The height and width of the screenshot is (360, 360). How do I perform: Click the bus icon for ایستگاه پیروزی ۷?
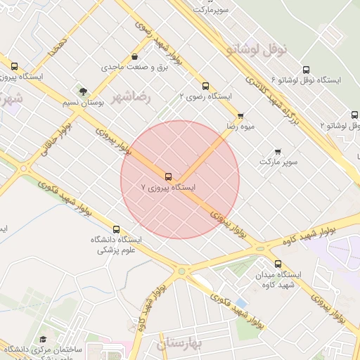click(168, 176)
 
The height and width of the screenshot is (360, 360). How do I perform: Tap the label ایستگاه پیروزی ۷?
click(169, 188)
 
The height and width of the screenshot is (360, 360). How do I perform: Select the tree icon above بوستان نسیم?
click(84, 91)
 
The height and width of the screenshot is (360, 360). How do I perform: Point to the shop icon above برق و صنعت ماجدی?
click(134, 57)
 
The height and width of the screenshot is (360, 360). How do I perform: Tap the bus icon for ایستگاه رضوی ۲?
click(205, 86)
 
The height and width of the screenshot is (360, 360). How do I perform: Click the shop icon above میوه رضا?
click(240, 115)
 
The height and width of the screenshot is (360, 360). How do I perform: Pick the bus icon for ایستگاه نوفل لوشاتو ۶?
click(306, 70)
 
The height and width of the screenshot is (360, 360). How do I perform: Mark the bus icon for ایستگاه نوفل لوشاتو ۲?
click(354, 115)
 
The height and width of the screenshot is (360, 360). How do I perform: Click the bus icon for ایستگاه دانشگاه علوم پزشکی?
click(116, 229)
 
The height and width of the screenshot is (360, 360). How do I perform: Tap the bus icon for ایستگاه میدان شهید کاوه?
click(278, 264)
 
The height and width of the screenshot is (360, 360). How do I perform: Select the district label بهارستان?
click(179, 344)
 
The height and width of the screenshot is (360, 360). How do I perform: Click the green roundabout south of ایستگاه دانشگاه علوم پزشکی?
click(181, 271)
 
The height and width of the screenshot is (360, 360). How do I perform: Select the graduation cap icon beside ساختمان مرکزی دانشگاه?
click(43, 340)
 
